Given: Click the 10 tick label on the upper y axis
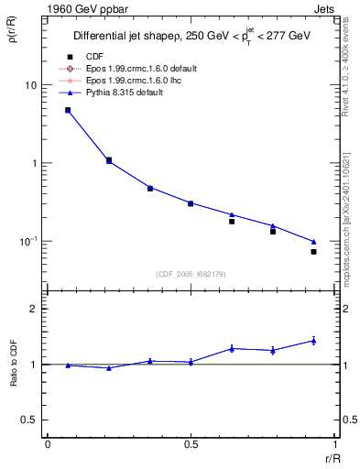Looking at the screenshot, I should tap(29, 85).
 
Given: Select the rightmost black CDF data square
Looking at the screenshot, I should tap(313, 251).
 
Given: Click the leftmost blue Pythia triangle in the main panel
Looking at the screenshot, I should tap(68, 111).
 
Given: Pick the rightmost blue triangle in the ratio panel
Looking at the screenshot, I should tap(313, 340).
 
